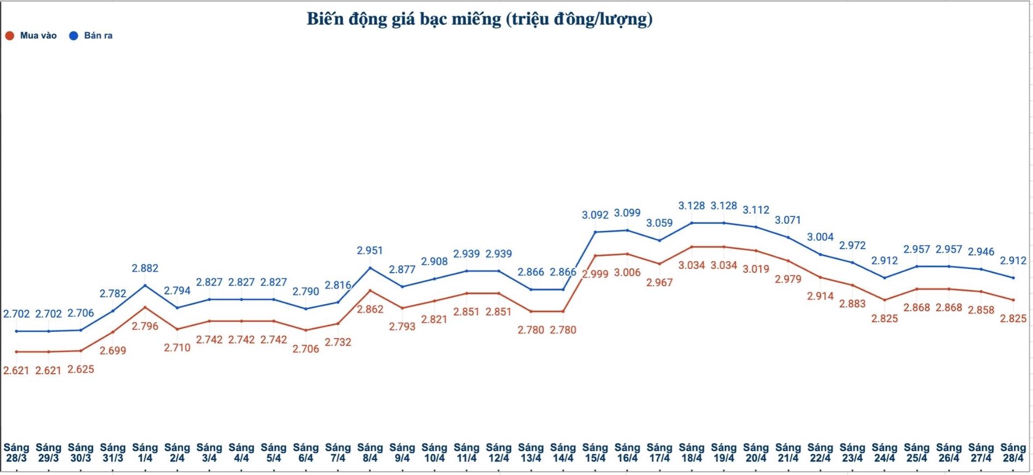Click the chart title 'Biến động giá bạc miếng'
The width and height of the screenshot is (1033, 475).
point(479,19)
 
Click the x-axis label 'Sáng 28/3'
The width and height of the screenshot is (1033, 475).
point(16,453)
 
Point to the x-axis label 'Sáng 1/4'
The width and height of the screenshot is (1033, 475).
point(145,453)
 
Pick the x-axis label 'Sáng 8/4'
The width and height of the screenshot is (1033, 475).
point(370,453)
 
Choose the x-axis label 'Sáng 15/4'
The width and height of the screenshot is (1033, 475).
point(595,453)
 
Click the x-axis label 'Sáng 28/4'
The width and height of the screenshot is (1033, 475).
point(1013,453)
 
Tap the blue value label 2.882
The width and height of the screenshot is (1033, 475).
point(145,268)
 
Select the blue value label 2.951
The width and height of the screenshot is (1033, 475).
point(370,251)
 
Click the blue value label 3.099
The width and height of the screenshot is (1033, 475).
point(627,213)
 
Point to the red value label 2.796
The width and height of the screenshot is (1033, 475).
point(145,326)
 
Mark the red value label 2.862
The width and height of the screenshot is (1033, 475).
point(370,310)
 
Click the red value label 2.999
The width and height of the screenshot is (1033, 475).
point(595,274)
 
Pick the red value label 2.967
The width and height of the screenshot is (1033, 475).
point(659,283)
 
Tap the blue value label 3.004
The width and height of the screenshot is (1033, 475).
point(820,237)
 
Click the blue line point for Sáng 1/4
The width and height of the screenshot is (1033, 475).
point(145,285)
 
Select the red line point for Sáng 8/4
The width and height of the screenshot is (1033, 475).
point(370,291)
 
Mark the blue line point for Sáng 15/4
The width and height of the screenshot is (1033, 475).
point(595,232)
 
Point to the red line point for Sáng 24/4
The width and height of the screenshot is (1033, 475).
point(884,300)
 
